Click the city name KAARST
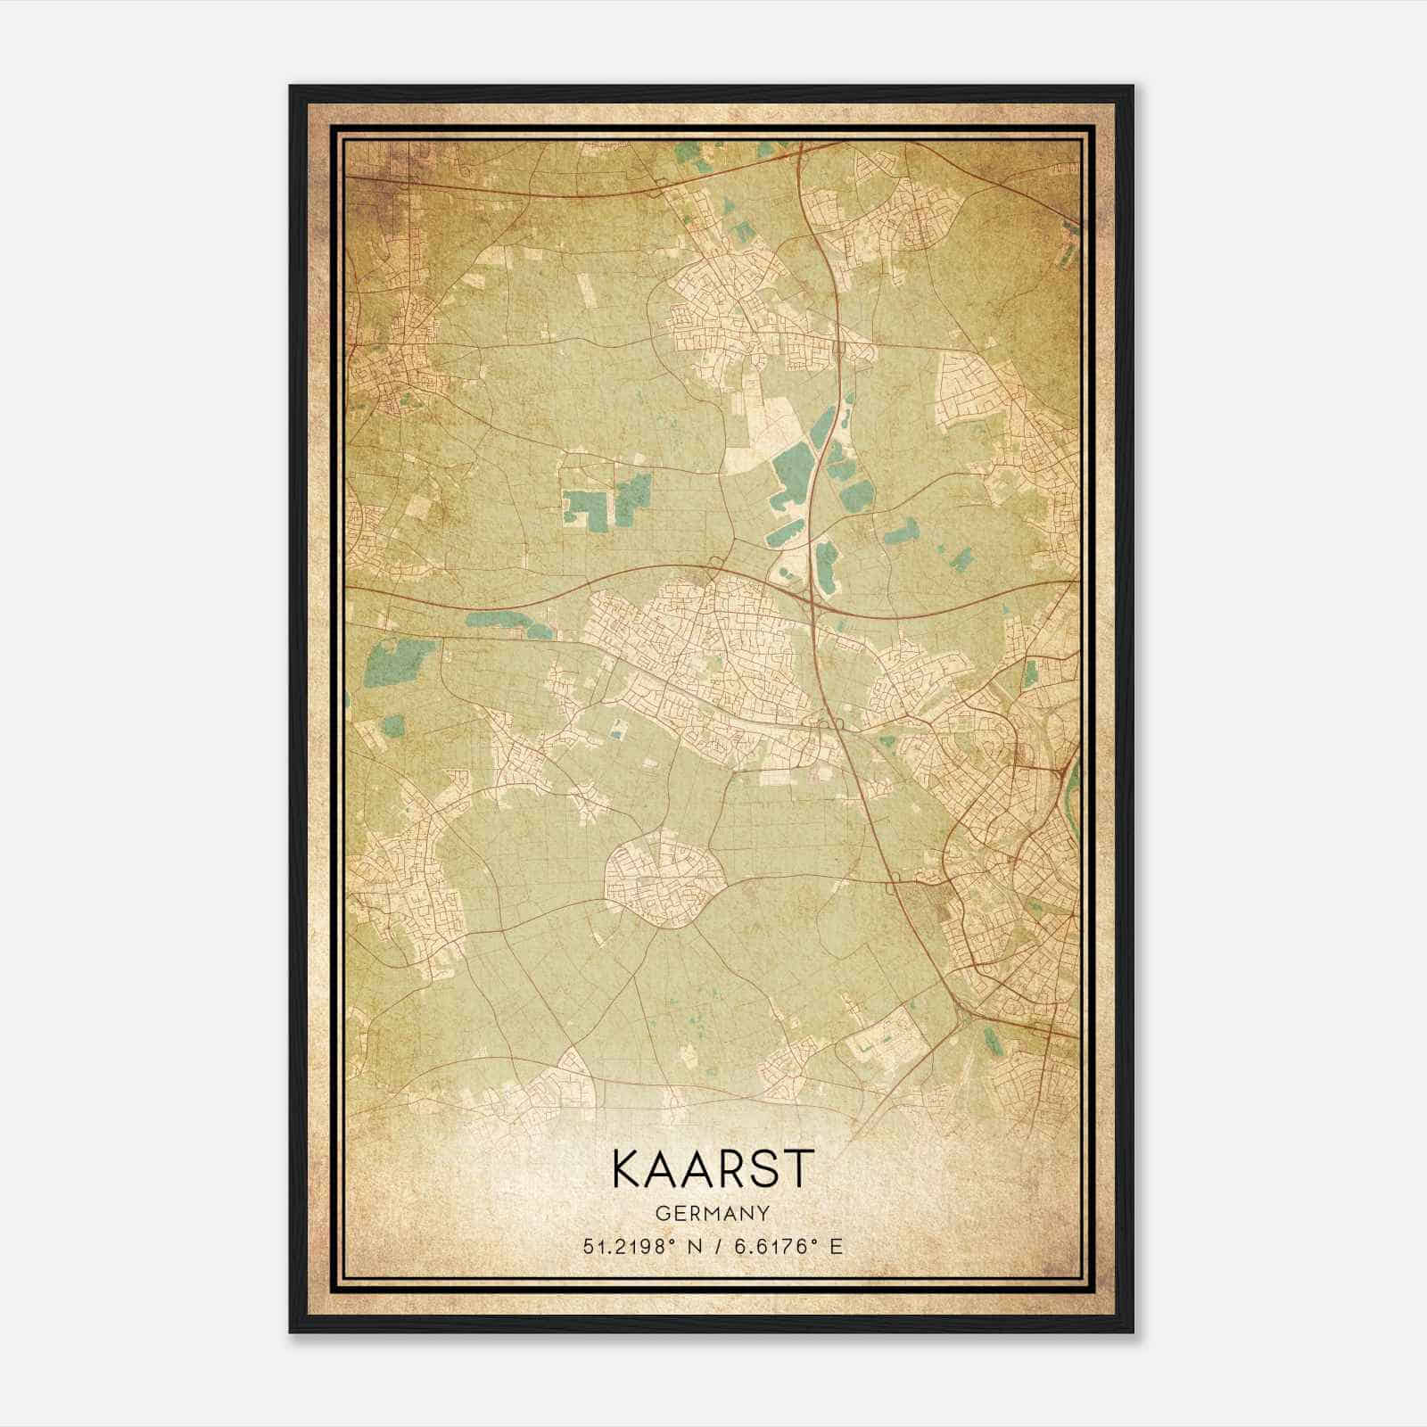pos(713,1168)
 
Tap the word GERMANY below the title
pos(713,1214)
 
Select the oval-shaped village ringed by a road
pos(664,878)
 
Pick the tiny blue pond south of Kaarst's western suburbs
pos(615,735)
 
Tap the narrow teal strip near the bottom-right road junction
pos(990,1037)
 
